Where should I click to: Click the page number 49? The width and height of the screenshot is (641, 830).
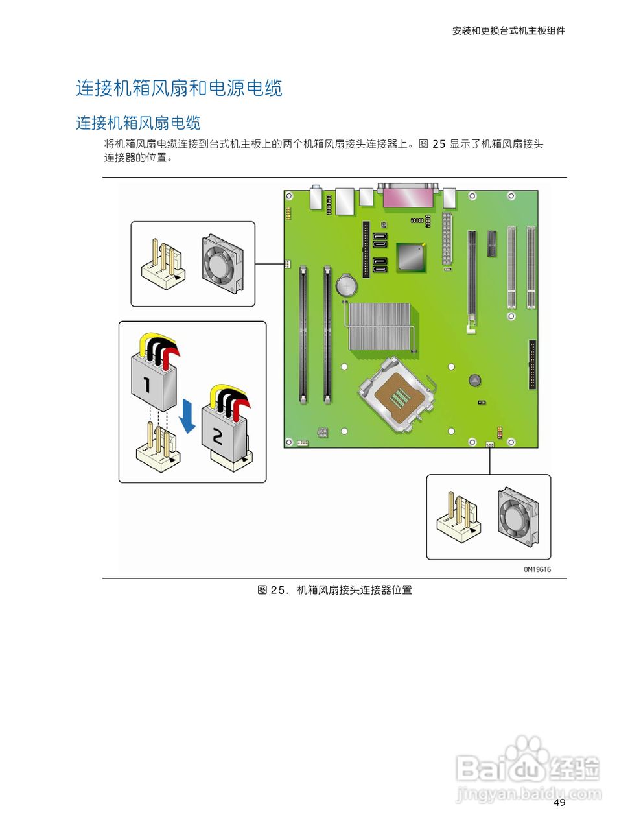[559, 803]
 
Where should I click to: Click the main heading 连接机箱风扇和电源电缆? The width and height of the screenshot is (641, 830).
[179, 88]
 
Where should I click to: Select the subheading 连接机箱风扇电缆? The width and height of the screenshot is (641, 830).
[138, 123]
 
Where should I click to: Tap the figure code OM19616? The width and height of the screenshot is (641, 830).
[537, 569]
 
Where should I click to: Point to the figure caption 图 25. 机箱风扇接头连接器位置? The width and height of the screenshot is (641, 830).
[334, 590]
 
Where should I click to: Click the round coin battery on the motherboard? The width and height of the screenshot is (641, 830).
[346, 285]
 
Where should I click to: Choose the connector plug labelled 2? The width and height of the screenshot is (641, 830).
[224, 428]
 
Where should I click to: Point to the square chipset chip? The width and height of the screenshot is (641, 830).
[411, 255]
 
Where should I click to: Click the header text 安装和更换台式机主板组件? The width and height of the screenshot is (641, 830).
[508, 30]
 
